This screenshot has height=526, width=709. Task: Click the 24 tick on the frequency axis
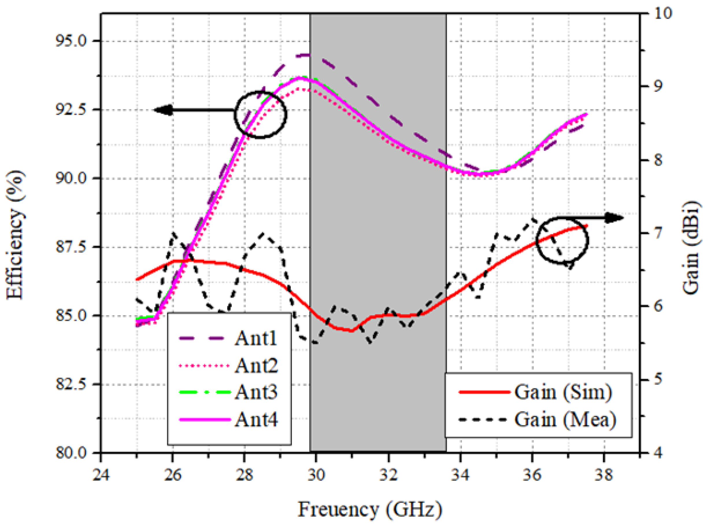click(101, 475)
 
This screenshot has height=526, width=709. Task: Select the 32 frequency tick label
click(388, 475)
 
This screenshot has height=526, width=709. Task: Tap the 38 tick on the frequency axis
click(604, 475)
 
